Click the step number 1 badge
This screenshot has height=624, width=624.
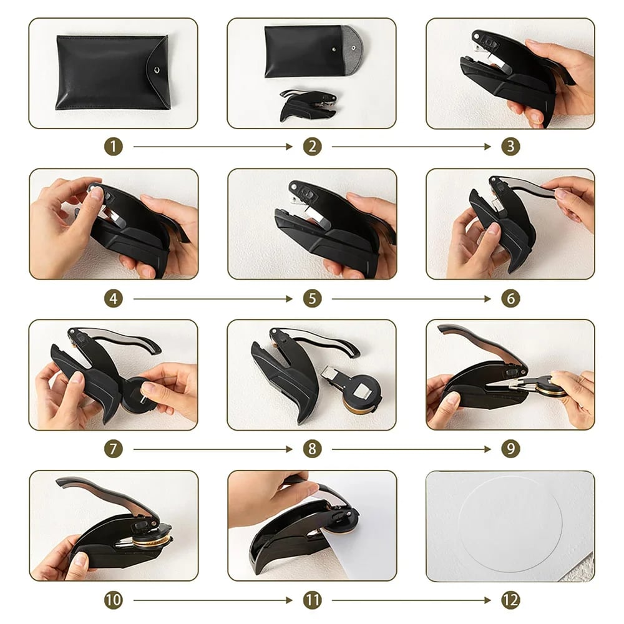coord(113,147)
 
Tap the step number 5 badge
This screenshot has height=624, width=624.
coord(312,298)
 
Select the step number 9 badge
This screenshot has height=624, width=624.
coord(510,449)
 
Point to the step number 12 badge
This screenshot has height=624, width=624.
coord(510,600)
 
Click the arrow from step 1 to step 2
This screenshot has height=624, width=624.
coord(213,147)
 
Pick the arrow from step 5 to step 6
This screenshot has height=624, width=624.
coord(411,298)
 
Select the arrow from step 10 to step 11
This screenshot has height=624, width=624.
coord(213,600)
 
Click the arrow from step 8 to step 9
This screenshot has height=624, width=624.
coord(411,449)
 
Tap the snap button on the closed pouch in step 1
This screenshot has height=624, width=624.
coord(157,70)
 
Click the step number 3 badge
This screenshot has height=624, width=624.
coord(510,147)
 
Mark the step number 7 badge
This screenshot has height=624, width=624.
coord(113,449)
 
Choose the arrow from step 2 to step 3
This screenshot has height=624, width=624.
coord(411,147)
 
